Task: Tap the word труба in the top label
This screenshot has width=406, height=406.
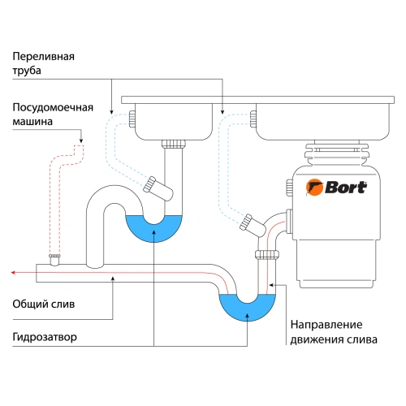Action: [27, 71]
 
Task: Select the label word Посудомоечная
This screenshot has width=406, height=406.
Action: [51, 107]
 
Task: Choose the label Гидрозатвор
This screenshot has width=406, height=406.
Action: [45, 336]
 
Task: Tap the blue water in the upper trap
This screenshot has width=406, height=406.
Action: [154, 229]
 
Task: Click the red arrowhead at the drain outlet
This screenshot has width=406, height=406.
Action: [8, 273]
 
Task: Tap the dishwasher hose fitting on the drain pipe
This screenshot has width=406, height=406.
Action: [54, 259]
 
